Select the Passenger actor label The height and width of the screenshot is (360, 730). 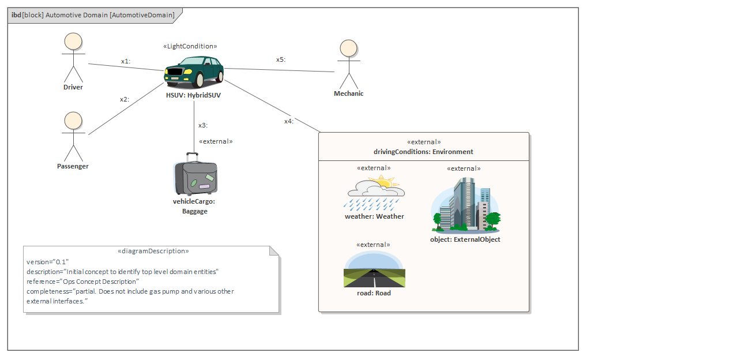point(73,166)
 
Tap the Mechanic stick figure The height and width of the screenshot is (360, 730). point(348,63)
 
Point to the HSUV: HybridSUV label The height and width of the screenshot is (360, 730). point(193,95)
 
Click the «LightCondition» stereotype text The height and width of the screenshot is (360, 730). point(190,46)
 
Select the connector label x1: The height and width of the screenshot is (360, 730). point(126,61)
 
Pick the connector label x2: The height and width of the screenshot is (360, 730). point(125,99)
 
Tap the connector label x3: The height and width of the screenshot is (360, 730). point(203,125)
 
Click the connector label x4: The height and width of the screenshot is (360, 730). point(289,121)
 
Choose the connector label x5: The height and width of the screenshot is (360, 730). point(281,59)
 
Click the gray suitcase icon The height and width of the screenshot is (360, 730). point(196,175)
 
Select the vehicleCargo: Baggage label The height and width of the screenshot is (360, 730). point(194,206)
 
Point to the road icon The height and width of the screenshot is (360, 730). point(374,271)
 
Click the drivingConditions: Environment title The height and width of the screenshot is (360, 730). point(423,152)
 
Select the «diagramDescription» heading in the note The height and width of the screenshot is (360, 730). point(153,251)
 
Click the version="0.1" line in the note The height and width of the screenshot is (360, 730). point(48,262)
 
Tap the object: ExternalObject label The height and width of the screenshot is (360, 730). point(465,239)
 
